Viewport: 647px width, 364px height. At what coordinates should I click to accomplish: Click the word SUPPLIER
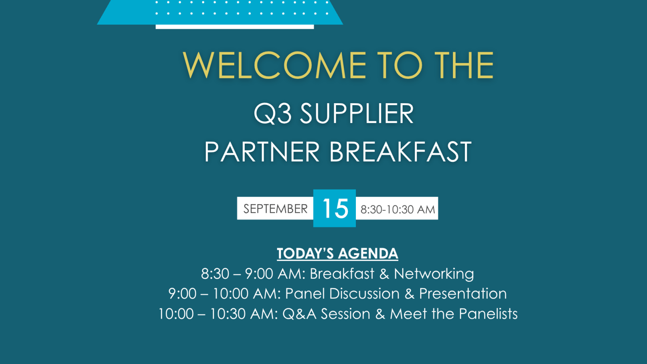(x=357, y=113)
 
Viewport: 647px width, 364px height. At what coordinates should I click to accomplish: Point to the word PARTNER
(x=262, y=152)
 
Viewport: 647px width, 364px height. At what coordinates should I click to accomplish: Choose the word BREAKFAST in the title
(x=400, y=152)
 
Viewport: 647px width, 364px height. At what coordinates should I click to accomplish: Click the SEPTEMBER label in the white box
(x=275, y=209)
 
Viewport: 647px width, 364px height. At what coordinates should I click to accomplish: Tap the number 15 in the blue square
(x=335, y=208)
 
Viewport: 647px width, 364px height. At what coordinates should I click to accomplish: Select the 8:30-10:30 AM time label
(x=398, y=210)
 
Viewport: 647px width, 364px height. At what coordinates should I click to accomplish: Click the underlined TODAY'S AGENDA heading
(x=337, y=253)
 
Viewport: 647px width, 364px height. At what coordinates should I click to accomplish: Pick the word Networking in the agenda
(x=434, y=274)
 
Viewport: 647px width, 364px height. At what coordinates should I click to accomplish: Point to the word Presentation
(x=463, y=294)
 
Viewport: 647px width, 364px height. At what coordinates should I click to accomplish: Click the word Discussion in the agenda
(x=364, y=294)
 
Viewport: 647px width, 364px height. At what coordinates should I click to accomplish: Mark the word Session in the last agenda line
(x=345, y=314)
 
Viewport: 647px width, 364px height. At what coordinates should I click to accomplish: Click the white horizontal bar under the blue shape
(x=235, y=27)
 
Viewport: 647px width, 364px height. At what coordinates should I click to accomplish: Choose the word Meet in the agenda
(x=408, y=314)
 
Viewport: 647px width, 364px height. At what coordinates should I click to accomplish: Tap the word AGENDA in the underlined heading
(x=368, y=253)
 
